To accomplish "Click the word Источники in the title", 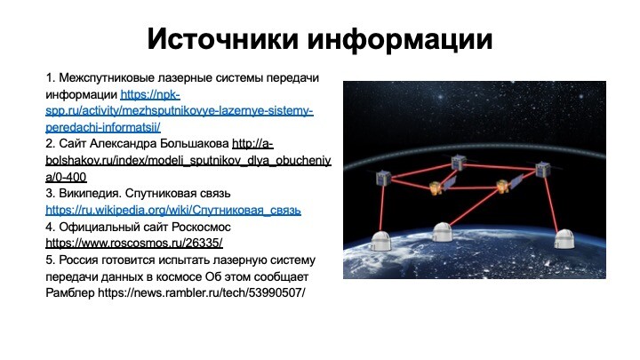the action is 223,39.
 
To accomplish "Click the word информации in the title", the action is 400,40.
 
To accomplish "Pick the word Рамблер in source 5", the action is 70,293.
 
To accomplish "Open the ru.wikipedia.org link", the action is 173,210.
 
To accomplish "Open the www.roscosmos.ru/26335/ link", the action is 134,244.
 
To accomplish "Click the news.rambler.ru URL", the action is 202,293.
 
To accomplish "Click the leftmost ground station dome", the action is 380,241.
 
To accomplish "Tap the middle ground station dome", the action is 443,232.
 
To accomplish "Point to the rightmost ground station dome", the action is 564,239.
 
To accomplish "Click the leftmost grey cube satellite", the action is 384,178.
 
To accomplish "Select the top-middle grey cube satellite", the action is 459,162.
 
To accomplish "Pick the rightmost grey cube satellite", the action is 542,169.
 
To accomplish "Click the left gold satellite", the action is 435,188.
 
